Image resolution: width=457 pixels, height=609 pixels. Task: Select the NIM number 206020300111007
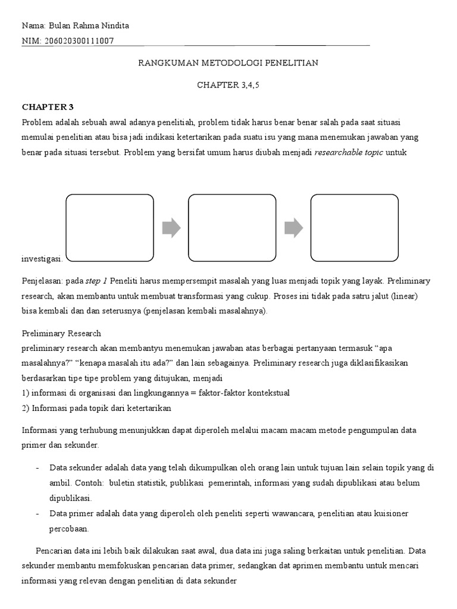tap(80, 41)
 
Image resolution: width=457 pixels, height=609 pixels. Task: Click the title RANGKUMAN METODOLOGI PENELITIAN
tap(228, 63)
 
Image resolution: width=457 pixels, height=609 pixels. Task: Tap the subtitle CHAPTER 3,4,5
tap(228, 85)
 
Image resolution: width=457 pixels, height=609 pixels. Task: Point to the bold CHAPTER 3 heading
tap(48, 108)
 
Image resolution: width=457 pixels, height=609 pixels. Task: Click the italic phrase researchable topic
tap(348, 152)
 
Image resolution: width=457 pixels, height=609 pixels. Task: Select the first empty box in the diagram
tap(109, 228)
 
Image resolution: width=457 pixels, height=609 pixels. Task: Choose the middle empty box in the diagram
tap(232, 228)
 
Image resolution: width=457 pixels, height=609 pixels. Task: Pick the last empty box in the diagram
tap(355, 228)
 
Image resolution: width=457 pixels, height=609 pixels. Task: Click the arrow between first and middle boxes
tap(171, 228)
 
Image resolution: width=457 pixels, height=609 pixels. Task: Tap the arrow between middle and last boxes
tap(293, 228)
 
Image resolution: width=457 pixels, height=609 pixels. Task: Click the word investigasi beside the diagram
tap(42, 259)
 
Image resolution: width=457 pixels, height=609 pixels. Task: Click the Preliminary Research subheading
tap(61, 334)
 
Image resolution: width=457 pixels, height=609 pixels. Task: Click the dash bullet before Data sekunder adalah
tap(37, 467)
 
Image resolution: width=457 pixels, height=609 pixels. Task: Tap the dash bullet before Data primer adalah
tap(37, 513)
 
